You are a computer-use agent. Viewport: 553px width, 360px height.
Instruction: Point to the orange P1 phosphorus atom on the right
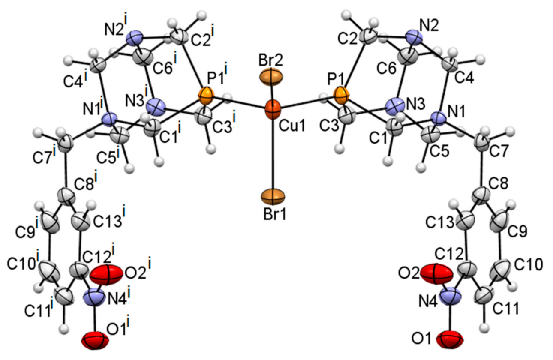pos(341,96)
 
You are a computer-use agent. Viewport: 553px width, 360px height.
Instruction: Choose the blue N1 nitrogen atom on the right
pos(437,117)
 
